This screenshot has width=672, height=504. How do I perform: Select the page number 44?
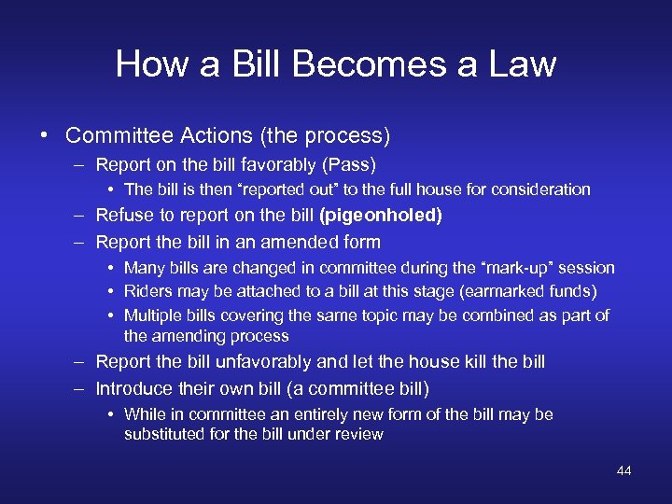[623, 470]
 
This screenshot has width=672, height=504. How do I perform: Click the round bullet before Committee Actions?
[46, 136]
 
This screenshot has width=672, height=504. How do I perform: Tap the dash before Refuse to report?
[81, 216]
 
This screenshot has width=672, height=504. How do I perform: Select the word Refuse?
[127, 216]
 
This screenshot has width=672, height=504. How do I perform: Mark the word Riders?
[147, 292]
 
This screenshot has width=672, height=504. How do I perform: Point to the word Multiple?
[153, 315]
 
